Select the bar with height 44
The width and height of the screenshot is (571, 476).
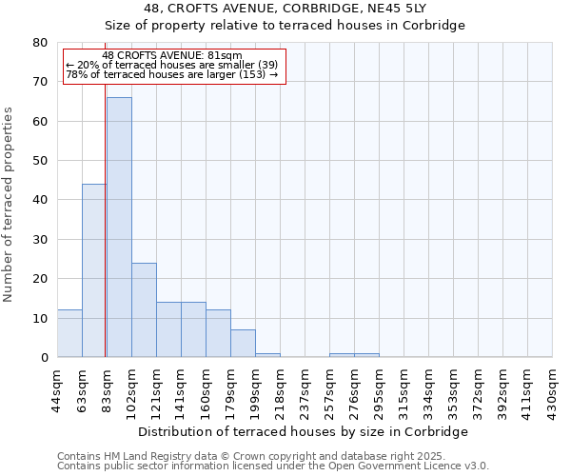(94, 270)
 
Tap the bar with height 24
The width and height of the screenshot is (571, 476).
(144, 309)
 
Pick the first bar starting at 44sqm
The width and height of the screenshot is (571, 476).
(69, 333)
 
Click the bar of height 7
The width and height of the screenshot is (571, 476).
(243, 344)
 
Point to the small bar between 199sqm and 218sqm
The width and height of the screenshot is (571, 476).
(267, 355)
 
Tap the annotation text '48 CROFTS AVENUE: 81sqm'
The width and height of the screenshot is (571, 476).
(172, 56)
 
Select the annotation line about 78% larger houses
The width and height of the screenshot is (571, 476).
(172, 74)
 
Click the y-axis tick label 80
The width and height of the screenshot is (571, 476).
(40, 43)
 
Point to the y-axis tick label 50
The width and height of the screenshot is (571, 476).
(40, 161)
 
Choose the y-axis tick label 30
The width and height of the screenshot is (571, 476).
(40, 240)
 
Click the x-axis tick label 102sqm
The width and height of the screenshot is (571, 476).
(132, 386)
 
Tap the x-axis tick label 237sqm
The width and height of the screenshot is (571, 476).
(305, 386)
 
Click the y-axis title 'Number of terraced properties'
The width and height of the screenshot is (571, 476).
(10, 204)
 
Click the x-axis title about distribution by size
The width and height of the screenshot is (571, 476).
(304, 431)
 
